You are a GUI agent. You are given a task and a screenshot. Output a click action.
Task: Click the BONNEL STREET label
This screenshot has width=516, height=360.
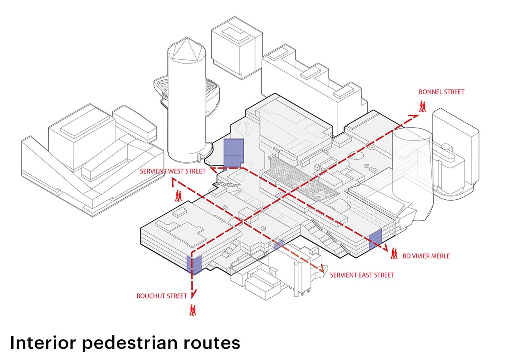pyautogui.click(x=442, y=92)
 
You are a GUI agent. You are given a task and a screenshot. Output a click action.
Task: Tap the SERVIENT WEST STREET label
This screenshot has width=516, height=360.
pyautogui.click(x=171, y=171)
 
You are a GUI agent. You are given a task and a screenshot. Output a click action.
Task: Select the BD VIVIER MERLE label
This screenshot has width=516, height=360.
pyautogui.click(x=426, y=256)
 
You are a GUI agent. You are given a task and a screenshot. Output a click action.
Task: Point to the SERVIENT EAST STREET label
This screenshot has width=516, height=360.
pyautogui.click(x=362, y=275)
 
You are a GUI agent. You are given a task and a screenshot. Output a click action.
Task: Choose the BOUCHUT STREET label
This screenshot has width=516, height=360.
pyautogui.click(x=162, y=296)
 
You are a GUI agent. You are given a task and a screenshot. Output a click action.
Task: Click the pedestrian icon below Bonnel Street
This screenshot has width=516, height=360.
pyautogui.click(x=423, y=106)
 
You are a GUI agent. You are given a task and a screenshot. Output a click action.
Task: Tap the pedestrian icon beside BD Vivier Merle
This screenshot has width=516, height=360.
pyautogui.click(x=394, y=254)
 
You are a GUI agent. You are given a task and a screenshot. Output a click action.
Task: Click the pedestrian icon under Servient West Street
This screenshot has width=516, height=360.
pyautogui.click(x=178, y=196)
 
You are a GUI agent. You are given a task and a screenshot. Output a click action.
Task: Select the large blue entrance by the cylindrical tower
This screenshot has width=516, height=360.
pyautogui.click(x=234, y=152)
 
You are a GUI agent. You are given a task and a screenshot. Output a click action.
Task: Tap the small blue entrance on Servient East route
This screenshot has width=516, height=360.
pyautogui.click(x=279, y=244)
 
